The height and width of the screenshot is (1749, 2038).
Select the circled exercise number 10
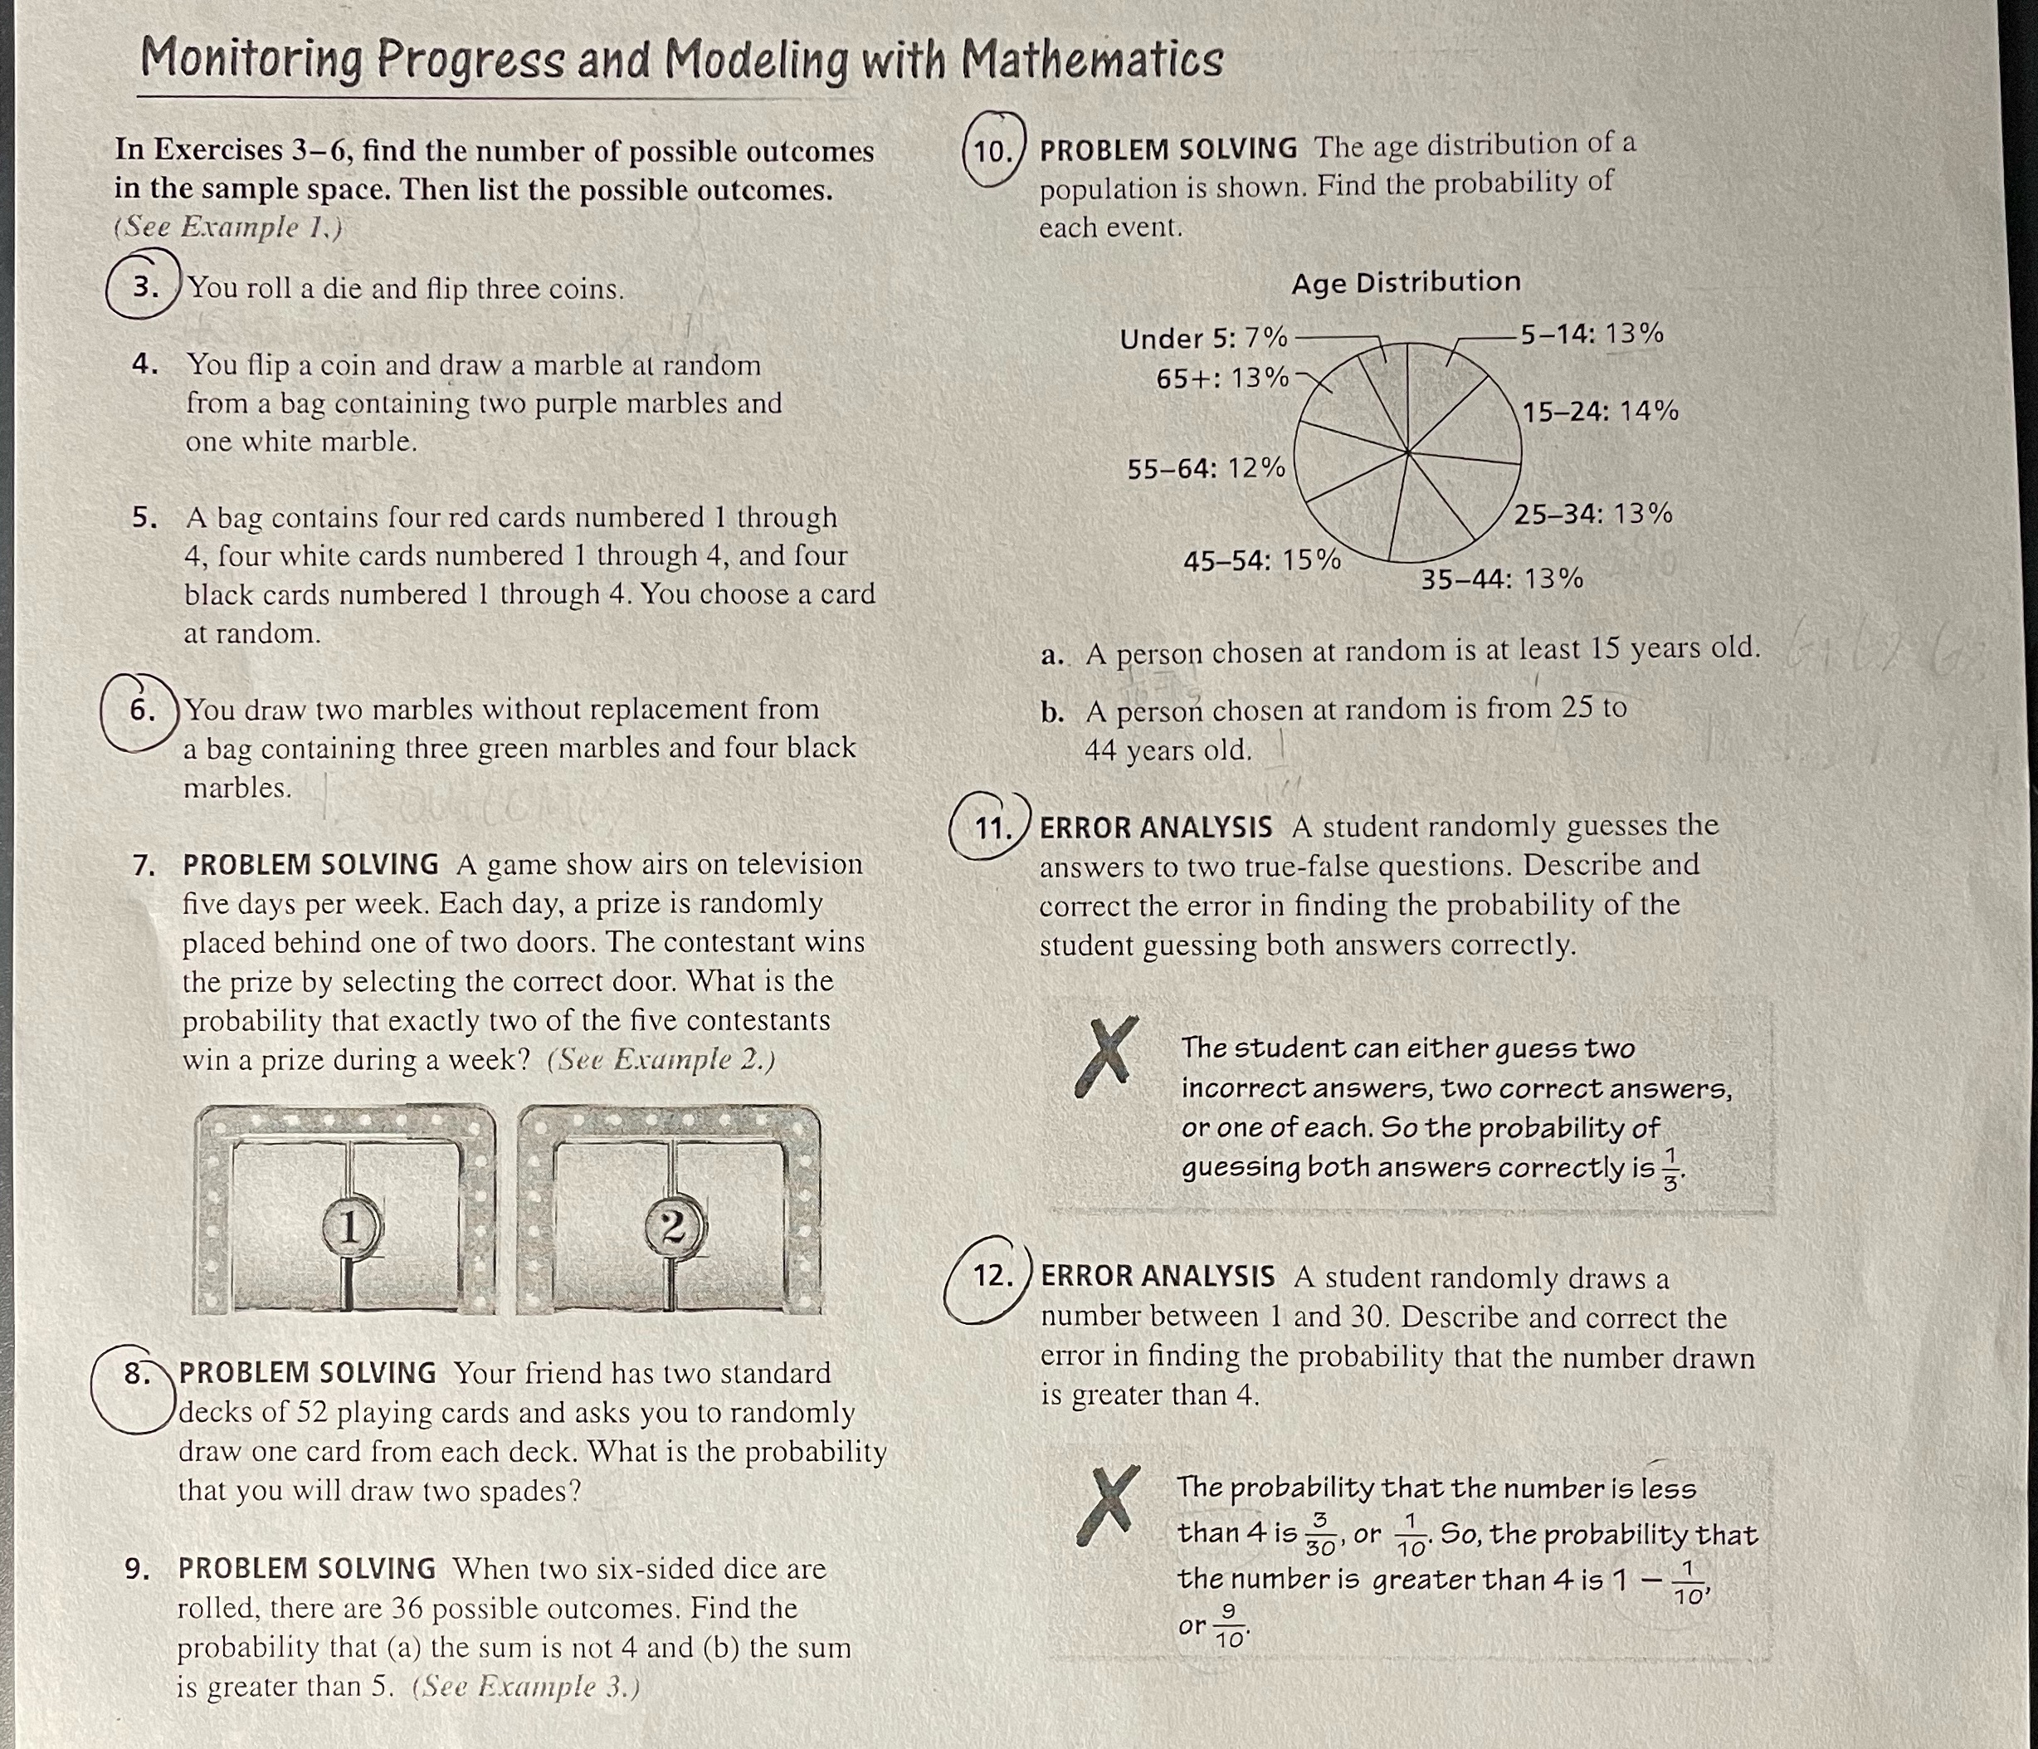(994, 150)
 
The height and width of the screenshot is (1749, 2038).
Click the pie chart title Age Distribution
(1406, 282)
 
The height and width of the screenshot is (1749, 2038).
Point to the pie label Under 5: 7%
(1203, 339)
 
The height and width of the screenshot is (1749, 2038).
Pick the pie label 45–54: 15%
(1261, 560)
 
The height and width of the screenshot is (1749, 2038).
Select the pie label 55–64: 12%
(1206, 468)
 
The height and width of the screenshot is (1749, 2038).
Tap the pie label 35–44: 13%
(1502, 579)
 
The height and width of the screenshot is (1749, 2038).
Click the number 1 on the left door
(349, 1226)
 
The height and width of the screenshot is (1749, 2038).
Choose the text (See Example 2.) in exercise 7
(661, 1059)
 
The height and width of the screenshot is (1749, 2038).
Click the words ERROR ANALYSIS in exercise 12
(1157, 1277)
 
